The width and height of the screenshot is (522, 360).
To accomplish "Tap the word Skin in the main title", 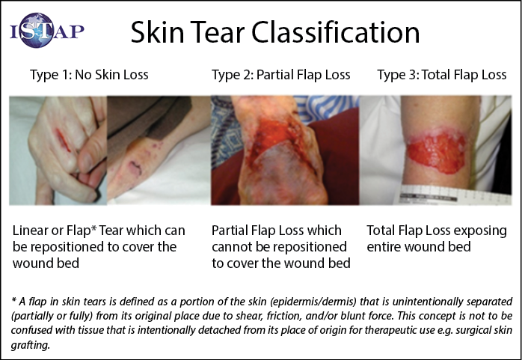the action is click(158, 32).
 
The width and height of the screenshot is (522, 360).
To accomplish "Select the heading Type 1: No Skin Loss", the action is click(89, 75).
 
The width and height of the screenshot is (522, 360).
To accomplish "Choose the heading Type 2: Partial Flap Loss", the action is click(281, 75).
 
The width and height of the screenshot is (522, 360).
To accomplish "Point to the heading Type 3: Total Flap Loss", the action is click(442, 75).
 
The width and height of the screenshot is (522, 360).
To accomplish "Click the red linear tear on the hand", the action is click(63, 140).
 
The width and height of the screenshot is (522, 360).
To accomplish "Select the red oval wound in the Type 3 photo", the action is click(437, 151).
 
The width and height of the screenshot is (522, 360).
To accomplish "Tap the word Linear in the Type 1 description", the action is click(30, 231).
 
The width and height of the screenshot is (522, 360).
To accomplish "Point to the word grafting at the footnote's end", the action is click(31, 345).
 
